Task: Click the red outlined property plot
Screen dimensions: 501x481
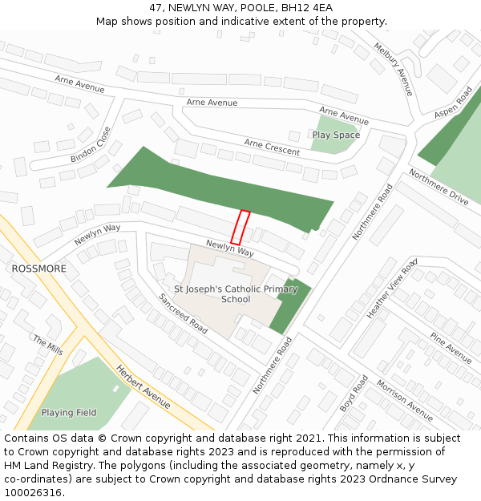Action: click(x=240, y=228)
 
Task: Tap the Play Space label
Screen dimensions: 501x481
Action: click(x=336, y=135)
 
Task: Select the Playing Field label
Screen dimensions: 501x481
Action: click(x=69, y=413)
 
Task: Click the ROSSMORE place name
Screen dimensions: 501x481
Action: click(x=39, y=269)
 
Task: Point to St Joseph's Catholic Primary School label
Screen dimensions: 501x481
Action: click(x=236, y=294)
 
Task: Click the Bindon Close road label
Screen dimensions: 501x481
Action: click(x=91, y=144)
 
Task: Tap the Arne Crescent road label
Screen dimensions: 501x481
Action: click(x=272, y=147)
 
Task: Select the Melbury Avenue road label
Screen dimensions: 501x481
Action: click(x=393, y=70)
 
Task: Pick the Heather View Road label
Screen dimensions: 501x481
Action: click(x=392, y=289)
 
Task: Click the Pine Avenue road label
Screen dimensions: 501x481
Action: click(x=451, y=347)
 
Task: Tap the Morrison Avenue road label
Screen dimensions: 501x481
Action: click(x=405, y=400)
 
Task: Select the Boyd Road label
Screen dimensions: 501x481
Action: click(x=353, y=394)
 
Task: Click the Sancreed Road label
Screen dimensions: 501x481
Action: click(x=183, y=313)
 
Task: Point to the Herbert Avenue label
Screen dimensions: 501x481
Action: click(x=143, y=387)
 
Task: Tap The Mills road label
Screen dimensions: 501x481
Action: click(x=47, y=345)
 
